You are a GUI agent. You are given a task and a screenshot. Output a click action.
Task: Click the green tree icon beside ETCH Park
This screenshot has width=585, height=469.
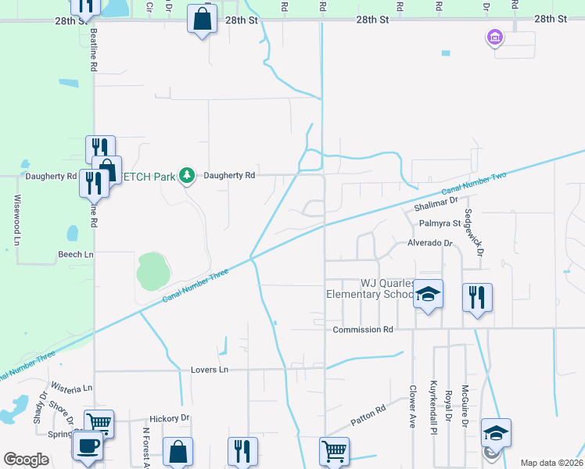click(x=186, y=175)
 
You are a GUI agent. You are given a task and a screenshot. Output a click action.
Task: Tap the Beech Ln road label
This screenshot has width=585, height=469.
click(x=75, y=255)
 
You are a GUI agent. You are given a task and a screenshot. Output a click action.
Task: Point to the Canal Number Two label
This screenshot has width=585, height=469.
click(x=474, y=183)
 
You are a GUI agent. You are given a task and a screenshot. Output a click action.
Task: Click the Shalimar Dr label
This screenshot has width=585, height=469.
click(x=436, y=200)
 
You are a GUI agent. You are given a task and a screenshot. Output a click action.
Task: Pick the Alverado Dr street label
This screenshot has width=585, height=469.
click(x=429, y=243)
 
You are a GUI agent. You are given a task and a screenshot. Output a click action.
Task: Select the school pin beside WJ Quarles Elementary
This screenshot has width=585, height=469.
click(x=428, y=295)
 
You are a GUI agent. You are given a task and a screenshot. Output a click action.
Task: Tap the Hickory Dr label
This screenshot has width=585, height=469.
click(x=170, y=418)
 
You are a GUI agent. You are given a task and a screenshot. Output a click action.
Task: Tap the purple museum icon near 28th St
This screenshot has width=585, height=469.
click(x=493, y=37)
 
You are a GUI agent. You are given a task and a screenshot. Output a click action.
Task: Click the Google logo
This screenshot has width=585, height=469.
click(x=27, y=460)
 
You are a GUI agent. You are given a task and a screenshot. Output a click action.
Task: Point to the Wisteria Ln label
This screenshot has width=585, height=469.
click(x=71, y=387)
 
